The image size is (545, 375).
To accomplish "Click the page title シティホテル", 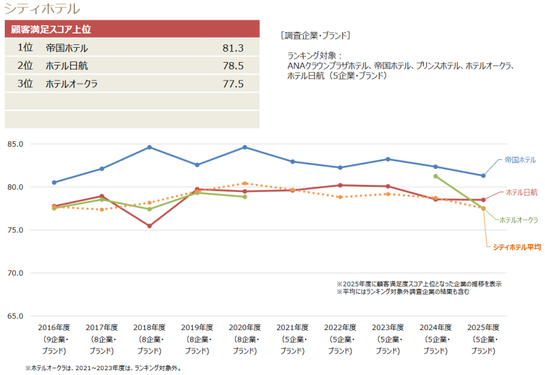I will click(42, 9).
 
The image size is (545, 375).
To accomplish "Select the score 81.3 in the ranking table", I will click(233, 48).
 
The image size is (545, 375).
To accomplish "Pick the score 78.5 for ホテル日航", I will click(233, 66).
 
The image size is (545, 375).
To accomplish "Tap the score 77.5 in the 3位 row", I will click(233, 84).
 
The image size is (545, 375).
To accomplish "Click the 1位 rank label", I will click(25, 48).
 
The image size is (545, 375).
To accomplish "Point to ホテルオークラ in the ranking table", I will click(72, 84).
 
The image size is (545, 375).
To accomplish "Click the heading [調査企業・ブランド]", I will click(315, 35).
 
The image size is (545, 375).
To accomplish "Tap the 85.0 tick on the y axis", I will click(15, 144).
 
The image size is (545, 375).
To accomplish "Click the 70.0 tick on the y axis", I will click(15, 273).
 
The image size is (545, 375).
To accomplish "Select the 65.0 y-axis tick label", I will click(15, 316).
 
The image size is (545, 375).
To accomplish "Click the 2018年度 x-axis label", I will click(149, 327).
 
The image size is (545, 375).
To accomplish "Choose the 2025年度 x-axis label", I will click(483, 327).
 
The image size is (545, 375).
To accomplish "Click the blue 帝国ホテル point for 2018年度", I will click(149, 147).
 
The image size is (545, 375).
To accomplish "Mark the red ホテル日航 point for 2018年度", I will click(149, 226).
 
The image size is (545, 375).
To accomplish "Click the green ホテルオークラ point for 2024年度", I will click(435, 176).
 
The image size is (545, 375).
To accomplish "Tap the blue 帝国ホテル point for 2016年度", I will click(54, 182).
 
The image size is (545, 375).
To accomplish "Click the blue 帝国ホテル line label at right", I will click(519, 160).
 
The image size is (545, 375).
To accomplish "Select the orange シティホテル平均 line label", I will click(516, 247).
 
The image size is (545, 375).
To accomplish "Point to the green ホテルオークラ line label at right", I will click(518, 220).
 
